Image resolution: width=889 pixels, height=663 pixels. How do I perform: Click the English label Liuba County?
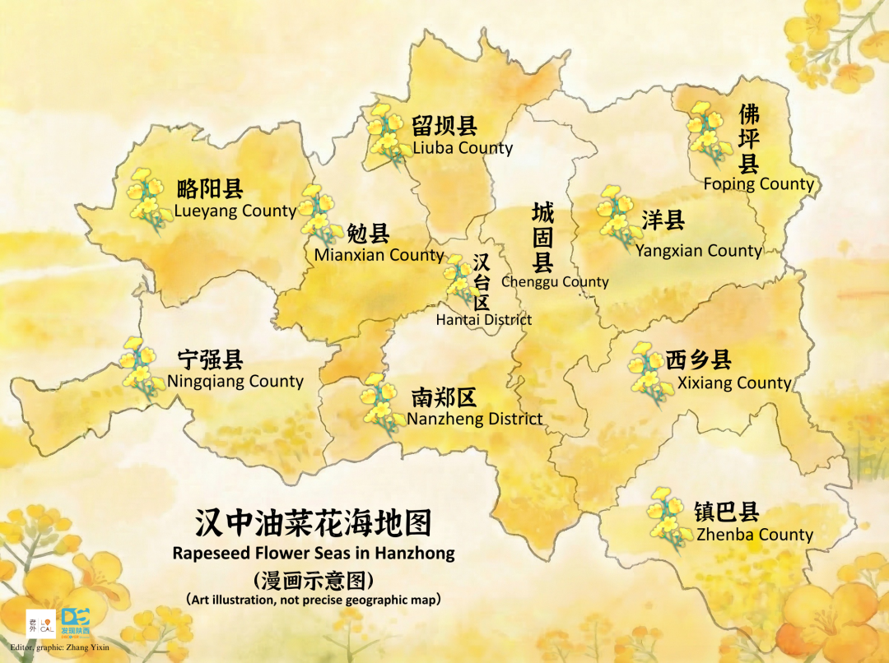click(x=462, y=148)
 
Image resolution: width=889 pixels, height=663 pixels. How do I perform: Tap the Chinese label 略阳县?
click(x=210, y=188)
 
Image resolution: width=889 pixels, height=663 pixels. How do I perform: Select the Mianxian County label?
click(x=379, y=255)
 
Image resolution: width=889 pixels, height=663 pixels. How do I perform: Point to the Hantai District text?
click(x=483, y=319)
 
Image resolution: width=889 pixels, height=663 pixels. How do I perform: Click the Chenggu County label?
click(x=555, y=281)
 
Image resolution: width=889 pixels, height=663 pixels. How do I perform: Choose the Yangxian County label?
click(x=698, y=250)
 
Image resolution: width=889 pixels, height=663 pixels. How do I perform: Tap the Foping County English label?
click(x=758, y=184)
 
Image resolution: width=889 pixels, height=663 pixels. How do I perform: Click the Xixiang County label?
click(x=733, y=382)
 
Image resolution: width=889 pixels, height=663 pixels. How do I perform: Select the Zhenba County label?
click(x=754, y=535)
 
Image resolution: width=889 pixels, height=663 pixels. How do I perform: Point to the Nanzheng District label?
click(x=474, y=419)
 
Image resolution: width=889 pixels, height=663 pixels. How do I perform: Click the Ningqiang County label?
click(x=235, y=381)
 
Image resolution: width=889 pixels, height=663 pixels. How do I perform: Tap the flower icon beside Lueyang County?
click(x=146, y=199)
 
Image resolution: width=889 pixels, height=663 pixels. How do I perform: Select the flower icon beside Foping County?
click(x=708, y=133)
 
